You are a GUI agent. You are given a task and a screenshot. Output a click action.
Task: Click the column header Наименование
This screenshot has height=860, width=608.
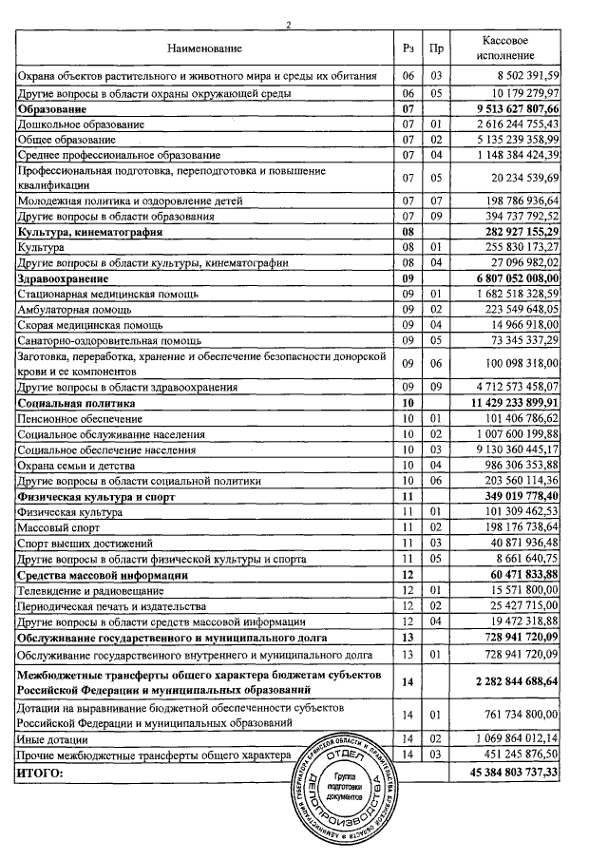(204, 48)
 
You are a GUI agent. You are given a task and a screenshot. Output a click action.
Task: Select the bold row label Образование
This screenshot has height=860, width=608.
(56, 109)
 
